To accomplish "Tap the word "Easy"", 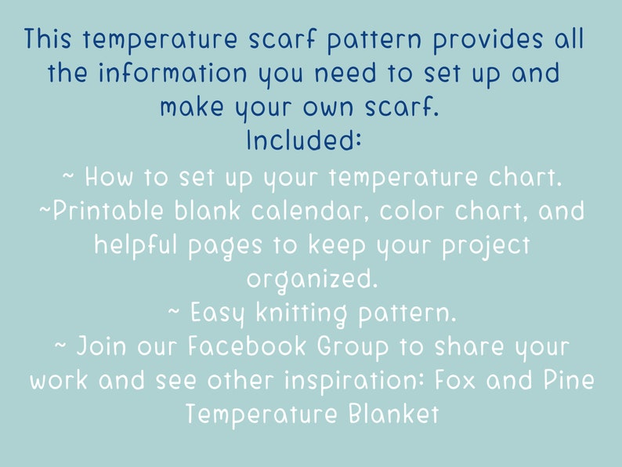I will click(219, 313).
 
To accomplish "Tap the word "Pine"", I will click(568, 381).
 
